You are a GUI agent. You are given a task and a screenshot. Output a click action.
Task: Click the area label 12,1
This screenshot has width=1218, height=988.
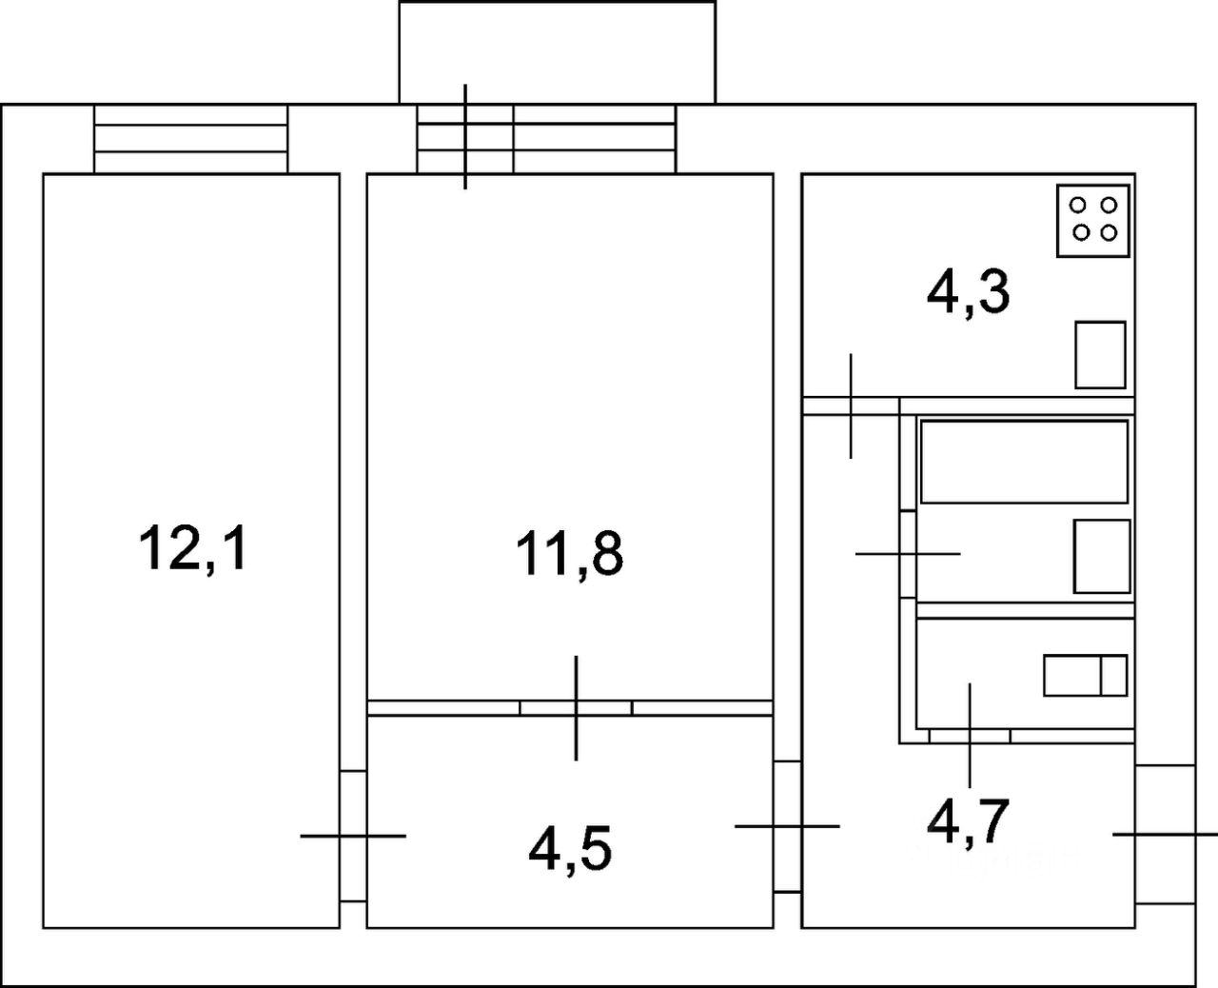click(193, 548)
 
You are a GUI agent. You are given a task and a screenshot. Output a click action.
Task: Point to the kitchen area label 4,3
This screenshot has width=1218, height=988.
click(968, 293)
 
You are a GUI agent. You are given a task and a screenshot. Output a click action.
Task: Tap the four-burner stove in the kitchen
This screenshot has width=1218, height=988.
click(1093, 220)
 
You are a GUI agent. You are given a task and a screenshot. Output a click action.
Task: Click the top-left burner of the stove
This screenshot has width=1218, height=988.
click(1079, 205)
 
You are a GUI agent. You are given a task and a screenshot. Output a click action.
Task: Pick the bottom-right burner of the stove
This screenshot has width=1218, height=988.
click(1108, 232)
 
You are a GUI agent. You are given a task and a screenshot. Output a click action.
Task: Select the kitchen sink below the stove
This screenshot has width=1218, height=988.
click(1100, 355)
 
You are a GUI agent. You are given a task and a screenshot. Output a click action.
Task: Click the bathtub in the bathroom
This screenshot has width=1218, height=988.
click(1024, 461)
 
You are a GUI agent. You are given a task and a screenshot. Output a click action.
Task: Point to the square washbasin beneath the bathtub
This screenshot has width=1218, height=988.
click(1102, 556)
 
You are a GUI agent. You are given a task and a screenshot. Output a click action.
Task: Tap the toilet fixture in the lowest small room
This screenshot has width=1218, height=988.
click(1085, 675)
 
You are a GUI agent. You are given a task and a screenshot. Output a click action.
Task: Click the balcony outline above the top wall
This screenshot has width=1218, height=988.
click(557, 51)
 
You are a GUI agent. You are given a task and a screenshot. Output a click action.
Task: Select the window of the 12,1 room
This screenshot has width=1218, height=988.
click(190, 139)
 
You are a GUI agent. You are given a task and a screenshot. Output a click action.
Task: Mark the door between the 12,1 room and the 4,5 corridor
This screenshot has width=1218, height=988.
click(353, 835)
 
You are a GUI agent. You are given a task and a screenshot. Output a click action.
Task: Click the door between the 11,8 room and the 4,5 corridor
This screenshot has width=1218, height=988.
click(576, 707)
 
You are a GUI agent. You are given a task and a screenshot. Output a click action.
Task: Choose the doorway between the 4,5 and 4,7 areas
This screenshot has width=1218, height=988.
click(787, 826)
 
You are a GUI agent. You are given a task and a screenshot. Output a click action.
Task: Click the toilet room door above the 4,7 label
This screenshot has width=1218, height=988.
click(970, 735)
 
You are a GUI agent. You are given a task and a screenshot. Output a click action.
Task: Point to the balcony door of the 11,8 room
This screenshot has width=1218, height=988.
click(465, 139)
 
